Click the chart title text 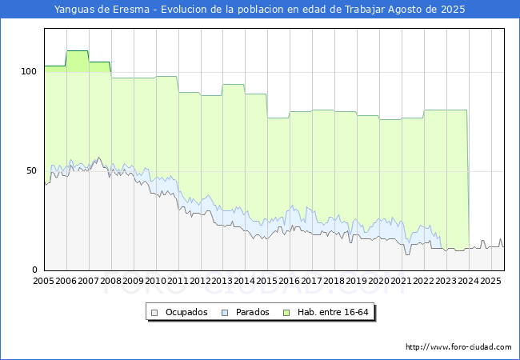(x=260, y=10)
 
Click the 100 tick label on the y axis (x=30, y=71)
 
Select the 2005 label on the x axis (x=44, y=282)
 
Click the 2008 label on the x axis (x=111, y=282)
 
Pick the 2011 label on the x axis (x=178, y=282)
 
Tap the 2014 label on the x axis (x=245, y=282)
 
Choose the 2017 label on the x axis (x=312, y=282)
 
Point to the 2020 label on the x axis (x=379, y=282)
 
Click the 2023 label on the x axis (x=446, y=282)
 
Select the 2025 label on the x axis (x=490, y=282)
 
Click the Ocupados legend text (x=186, y=312)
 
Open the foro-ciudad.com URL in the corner (x=458, y=347)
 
